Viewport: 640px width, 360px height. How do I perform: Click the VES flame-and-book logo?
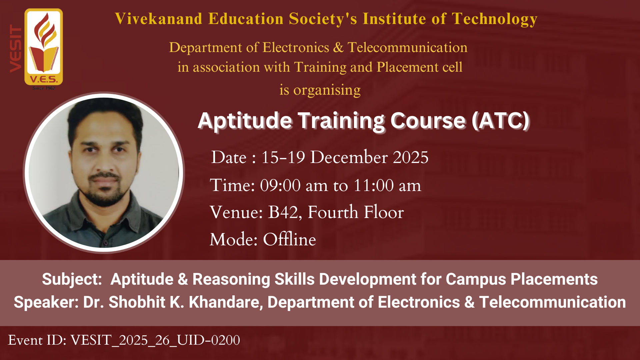(x=44, y=47)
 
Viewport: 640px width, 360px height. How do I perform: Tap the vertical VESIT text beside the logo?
(x=16, y=49)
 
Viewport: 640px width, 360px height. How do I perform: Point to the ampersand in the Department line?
(x=338, y=47)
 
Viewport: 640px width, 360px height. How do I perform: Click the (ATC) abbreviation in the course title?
(x=501, y=121)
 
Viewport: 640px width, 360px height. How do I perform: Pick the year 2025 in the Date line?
(x=411, y=157)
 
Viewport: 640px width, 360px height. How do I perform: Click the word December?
(x=349, y=157)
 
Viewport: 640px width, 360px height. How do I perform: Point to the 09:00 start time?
(x=280, y=185)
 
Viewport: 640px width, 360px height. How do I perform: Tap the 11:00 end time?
(x=374, y=185)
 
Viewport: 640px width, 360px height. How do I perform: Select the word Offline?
(x=289, y=239)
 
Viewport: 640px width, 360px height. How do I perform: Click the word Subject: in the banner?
(x=72, y=279)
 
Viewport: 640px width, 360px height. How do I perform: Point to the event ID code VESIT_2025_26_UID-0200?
(x=155, y=340)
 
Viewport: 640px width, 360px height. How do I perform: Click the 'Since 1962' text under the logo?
(x=44, y=88)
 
